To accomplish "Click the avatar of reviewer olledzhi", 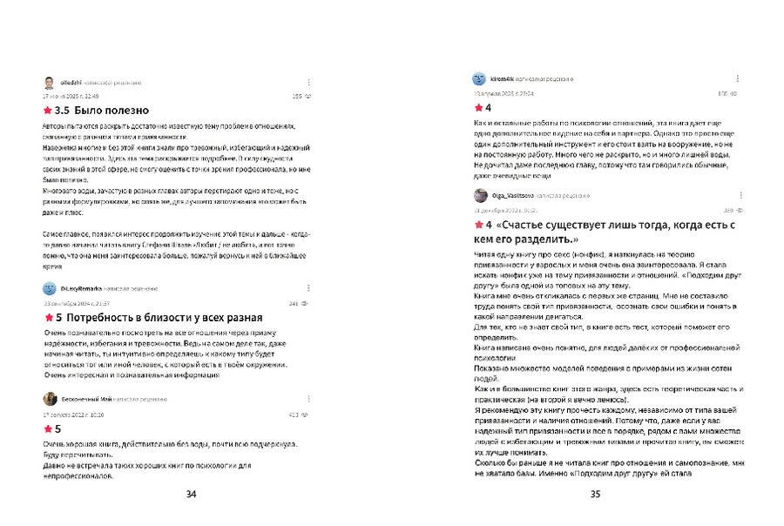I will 49,83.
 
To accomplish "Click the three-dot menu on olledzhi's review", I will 308,82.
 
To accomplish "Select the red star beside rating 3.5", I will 47,111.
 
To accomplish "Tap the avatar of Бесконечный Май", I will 50,398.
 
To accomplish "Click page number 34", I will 191,495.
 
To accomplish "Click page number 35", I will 596,495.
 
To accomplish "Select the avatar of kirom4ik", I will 479,78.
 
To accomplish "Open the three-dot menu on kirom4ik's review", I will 736,78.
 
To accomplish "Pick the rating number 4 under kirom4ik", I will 488,108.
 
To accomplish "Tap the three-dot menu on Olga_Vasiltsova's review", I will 736,196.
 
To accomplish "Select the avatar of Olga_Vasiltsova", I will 480,196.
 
